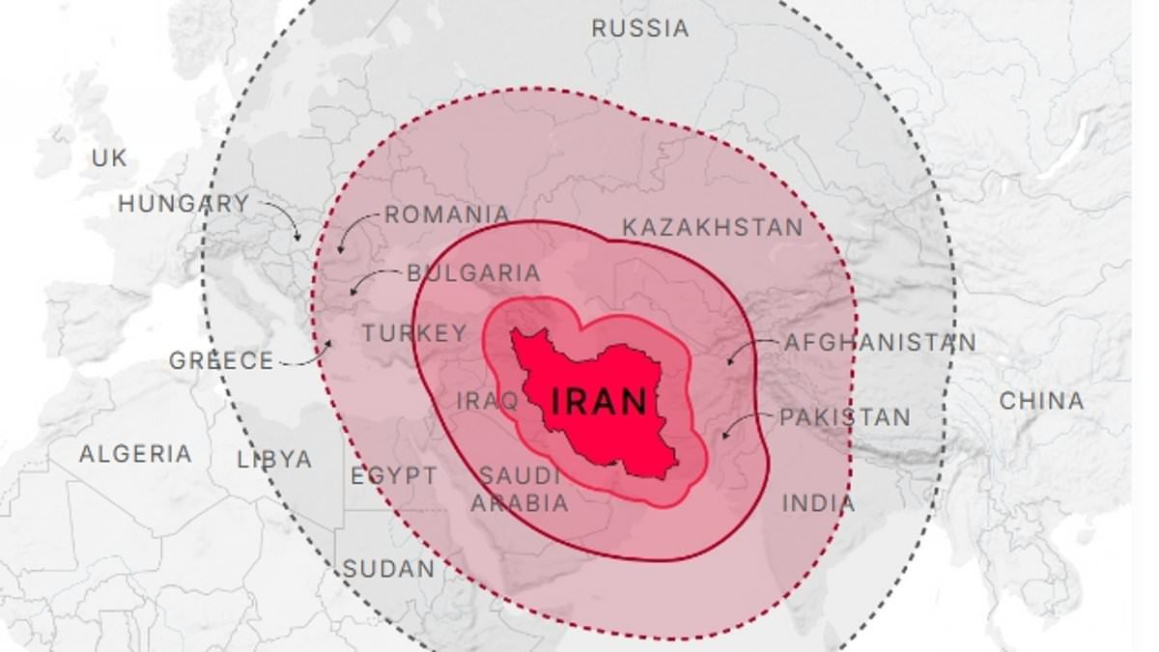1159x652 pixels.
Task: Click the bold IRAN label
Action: [599, 400]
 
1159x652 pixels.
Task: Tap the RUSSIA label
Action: [640, 28]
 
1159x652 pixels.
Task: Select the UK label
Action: [109, 157]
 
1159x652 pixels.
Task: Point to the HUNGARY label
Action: [184, 204]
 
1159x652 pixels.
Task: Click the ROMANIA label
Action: [447, 214]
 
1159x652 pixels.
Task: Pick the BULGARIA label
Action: [473, 273]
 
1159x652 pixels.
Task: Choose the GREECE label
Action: [222, 361]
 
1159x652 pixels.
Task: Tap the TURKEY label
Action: [414, 333]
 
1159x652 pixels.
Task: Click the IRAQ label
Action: [487, 400]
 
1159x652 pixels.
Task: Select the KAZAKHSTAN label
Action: [712, 228]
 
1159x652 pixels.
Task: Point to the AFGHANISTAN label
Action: [880, 342]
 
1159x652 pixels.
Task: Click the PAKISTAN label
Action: [845, 417]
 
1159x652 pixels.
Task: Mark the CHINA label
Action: [1041, 400]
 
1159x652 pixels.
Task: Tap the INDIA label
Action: [818, 503]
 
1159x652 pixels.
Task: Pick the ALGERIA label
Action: [135, 454]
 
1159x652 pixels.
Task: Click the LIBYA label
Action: [275, 460]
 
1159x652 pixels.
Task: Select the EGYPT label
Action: [393, 476]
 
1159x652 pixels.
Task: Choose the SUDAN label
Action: [389, 569]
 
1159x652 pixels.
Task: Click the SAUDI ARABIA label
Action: [520, 489]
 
